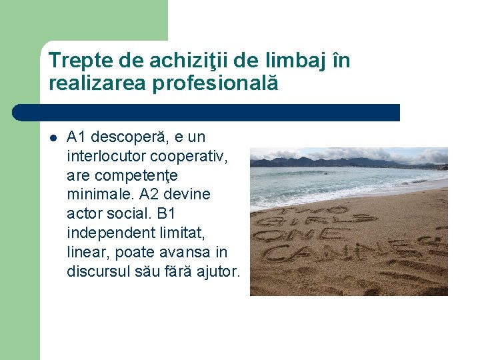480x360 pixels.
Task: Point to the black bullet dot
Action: click(53, 138)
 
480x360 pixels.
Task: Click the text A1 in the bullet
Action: click(77, 137)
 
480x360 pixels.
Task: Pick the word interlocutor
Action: click(107, 157)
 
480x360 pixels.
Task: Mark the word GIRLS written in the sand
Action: click(347, 217)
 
